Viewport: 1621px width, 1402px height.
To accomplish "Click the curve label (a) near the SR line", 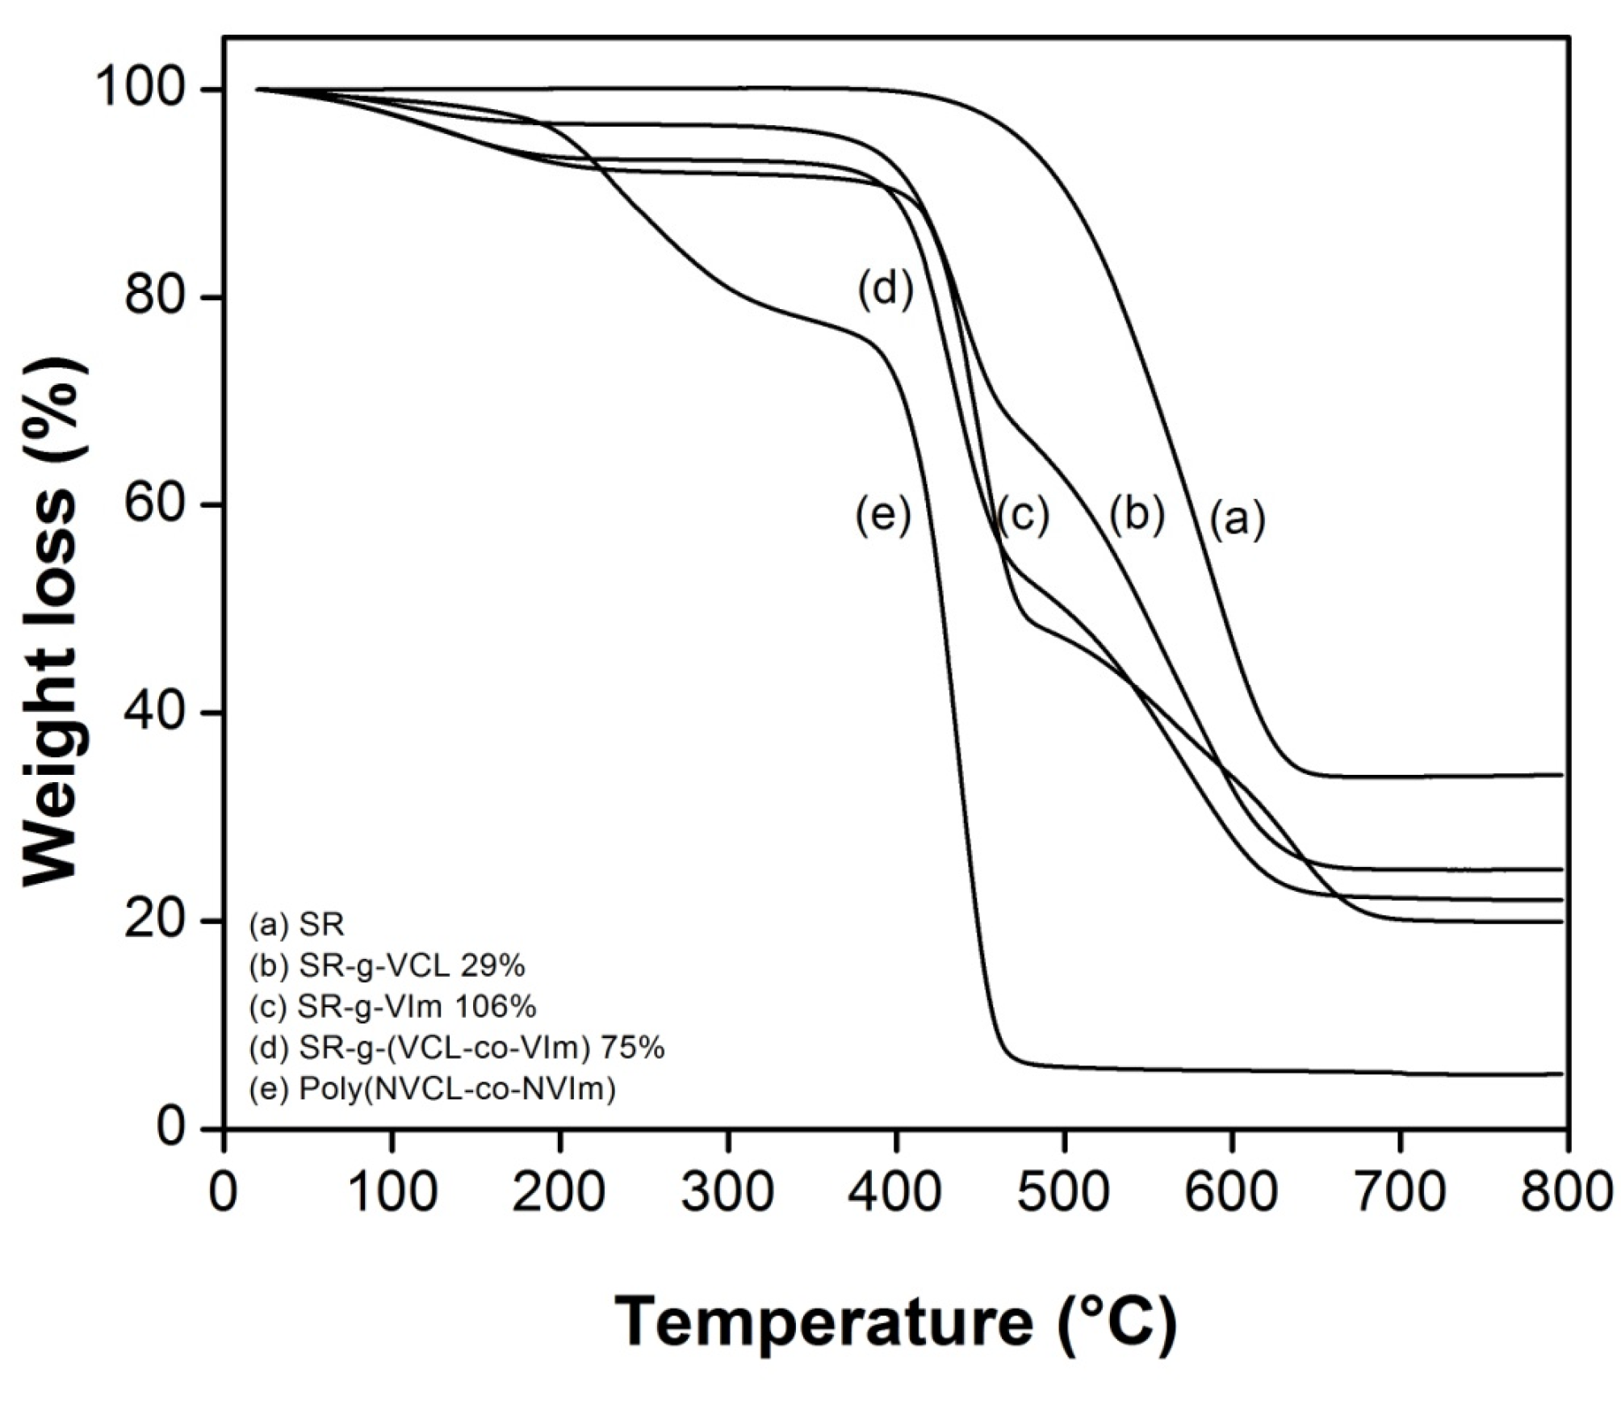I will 1237,518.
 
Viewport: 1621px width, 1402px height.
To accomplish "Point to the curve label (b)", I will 1137,514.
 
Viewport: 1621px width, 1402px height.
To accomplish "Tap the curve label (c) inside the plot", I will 1022,514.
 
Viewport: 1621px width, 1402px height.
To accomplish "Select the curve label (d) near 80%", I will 886,289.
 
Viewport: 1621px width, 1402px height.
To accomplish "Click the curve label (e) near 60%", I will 883,514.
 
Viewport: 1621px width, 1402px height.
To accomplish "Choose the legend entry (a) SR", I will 297,924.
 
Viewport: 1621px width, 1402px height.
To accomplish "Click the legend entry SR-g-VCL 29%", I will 387,965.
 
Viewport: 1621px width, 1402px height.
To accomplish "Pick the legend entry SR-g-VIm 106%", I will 392,1007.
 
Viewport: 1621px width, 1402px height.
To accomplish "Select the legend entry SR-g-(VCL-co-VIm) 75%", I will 457,1048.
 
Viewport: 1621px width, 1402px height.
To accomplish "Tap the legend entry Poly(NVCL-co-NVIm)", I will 433,1090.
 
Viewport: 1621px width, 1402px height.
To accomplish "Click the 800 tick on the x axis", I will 1567,1191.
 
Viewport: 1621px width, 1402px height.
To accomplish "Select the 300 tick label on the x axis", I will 727,1191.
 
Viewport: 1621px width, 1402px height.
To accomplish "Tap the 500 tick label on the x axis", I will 1063,1191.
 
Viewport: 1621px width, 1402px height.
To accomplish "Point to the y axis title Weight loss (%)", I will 50,621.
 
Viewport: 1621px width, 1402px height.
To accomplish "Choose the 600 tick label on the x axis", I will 1231,1191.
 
